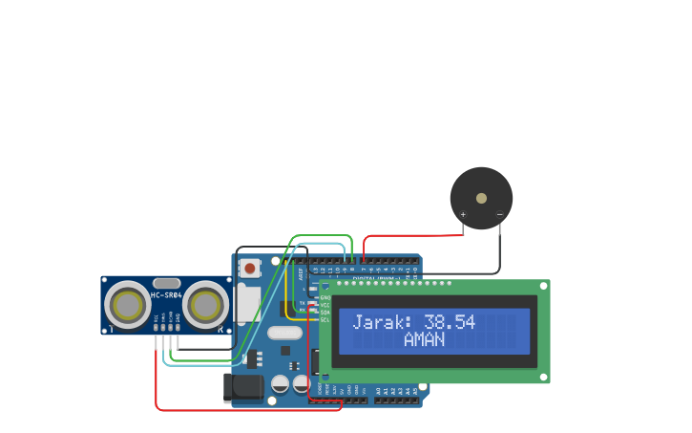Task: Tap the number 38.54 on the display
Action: coord(450,322)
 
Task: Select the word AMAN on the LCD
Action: coord(424,339)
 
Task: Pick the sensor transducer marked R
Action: coord(205,305)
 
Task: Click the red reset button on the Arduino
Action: coord(250,269)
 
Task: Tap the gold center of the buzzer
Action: coord(481,198)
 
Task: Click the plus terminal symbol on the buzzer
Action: coord(464,214)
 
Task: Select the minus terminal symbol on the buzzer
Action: coord(498,214)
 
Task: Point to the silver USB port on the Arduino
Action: coord(248,304)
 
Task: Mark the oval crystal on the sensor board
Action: coord(166,283)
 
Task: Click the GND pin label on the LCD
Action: coord(325,297)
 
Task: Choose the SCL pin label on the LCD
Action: coord(325,320)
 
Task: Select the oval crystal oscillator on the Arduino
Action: coord(283,334)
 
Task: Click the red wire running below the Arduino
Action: coord(248,410)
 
